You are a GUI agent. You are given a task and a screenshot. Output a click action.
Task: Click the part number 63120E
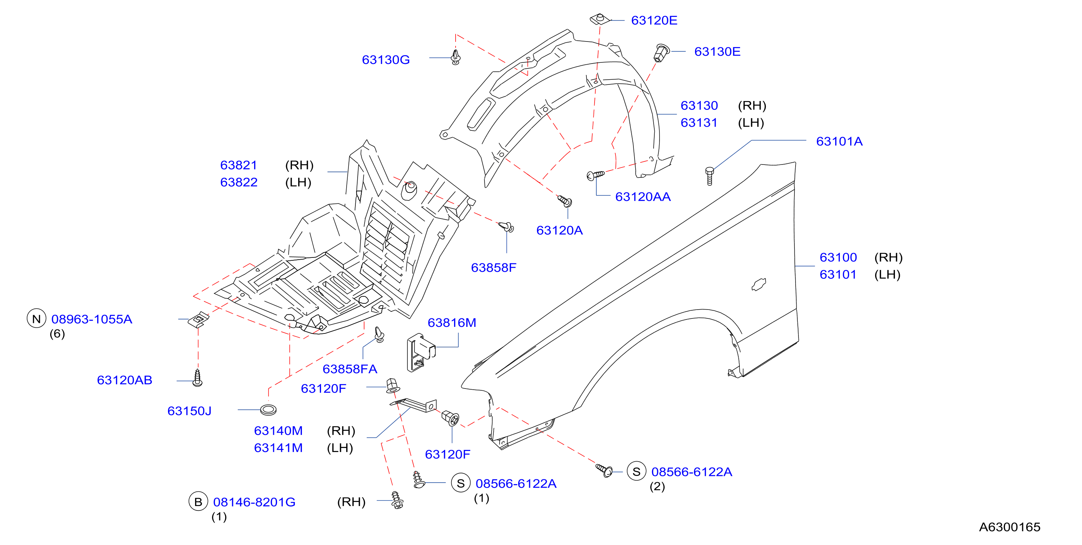coord(654,20)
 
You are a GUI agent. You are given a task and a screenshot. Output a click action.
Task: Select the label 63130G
coord(385,60)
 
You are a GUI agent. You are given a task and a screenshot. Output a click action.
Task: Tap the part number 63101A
coord(839,141)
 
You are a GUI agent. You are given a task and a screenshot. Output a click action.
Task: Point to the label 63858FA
coord(350,369)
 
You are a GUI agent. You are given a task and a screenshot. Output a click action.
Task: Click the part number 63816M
coord(452,322)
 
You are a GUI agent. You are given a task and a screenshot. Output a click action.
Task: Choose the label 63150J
coord(189,411)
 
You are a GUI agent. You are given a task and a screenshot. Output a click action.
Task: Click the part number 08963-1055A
coord(92,319)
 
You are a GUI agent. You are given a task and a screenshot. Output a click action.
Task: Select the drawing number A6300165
coord(1010,527)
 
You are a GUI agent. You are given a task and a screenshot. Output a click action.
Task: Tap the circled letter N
coord(37,319)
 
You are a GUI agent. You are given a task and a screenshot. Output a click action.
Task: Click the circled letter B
coord(198,502)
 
